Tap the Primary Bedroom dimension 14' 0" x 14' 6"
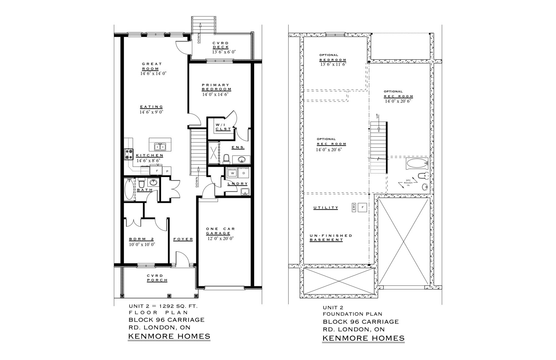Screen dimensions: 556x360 (215, 95)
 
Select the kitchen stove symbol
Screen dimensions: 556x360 (129, 154)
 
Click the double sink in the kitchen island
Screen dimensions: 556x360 (160, 146)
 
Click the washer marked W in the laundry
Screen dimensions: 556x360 (232, 173)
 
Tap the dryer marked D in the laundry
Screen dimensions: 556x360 (243, 173)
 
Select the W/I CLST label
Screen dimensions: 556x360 (223, 127)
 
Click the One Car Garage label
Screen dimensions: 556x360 (220, 231)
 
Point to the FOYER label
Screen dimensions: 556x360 (183, 239)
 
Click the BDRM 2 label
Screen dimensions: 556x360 (141, 239)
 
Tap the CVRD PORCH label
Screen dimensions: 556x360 (157, 278)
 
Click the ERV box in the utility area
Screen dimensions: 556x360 (354, 208)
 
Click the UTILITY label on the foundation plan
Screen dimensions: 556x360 (326, 208)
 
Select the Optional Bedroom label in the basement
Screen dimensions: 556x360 (333, 57)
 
